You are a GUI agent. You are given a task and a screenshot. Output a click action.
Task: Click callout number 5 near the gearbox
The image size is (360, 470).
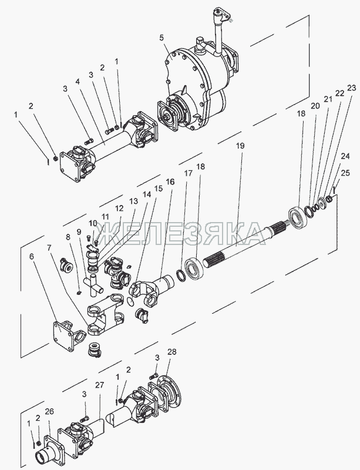(x=162, y=38)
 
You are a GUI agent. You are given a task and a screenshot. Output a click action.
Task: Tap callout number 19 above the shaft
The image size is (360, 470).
(x=240, y=146)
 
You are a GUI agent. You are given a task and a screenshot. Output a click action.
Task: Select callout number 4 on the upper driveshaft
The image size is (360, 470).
(x=77, y=82)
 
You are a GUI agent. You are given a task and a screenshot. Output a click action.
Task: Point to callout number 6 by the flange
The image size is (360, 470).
(x=32, y=257)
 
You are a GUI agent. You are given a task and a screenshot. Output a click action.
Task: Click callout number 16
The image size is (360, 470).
(x=170, y=182)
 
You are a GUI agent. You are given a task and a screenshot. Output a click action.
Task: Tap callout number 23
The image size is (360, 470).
(x=352, y=88)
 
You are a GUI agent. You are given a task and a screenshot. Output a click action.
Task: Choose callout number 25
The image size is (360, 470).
(x=345, y=173)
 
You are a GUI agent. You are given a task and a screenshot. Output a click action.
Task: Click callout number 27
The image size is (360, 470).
(x=99, y=385)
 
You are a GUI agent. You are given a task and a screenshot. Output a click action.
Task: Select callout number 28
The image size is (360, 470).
(x=172, y=351)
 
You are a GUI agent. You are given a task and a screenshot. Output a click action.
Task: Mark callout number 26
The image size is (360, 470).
(x=49, y=412)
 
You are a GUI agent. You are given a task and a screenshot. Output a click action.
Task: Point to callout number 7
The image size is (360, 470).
(x=49, y=248)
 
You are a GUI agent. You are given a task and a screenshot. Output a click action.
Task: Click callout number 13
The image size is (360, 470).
(x=134, y=200)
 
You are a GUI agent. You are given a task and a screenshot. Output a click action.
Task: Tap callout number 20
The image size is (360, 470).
(x=315, y=106)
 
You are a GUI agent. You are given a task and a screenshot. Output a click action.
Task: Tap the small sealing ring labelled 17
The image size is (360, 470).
(x=181, y=274)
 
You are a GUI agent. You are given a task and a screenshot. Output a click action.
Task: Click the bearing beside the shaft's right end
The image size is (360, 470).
(x=298, y=215)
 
